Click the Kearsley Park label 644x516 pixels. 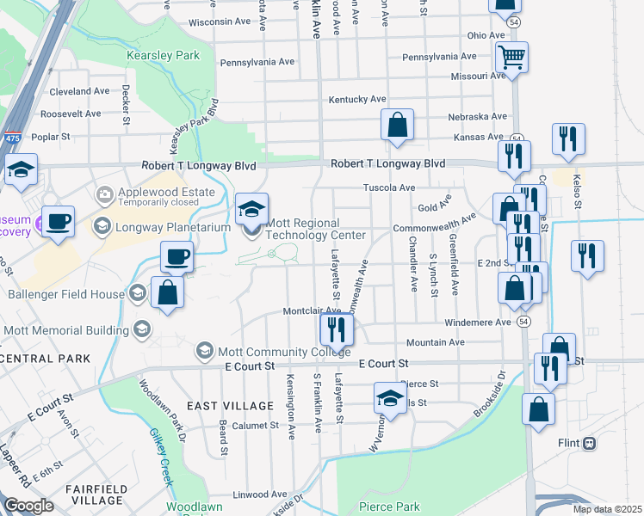click(163, 55)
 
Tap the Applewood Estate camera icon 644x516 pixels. click(105, 193)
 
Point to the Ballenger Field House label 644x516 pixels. click(65, 294)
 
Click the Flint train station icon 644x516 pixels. click(590, 444)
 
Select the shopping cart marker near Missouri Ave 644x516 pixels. click(511, 57)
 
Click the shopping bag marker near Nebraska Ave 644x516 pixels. click(398, 125)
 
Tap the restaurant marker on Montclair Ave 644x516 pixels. click(335, 328)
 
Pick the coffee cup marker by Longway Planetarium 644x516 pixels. click(59, 221)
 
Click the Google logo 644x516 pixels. click(28, 506)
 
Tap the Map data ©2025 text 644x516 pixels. click(607, 509)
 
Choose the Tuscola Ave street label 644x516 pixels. click(389, 187)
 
